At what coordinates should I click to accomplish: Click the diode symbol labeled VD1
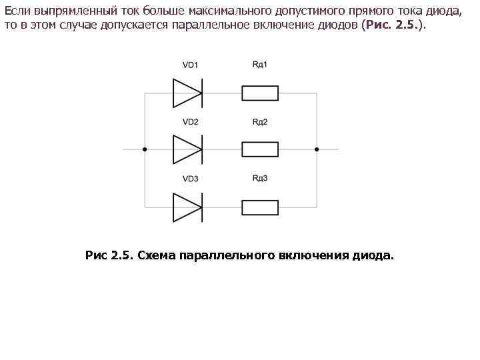(x=187, y=93)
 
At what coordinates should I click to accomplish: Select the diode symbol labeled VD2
(x=187, y=149)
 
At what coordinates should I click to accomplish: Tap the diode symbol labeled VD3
(x=187, y=207)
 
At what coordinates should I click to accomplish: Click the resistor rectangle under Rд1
(x=260, y=93)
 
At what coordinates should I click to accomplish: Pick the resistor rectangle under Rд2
(x=260, y=149)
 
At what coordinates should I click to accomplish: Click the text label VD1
(x=190, y=65)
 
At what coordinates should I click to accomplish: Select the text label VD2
(x=190, y=122)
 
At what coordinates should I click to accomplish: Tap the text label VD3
(x=190, y=179)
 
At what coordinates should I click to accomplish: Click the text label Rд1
(x=260, y=64)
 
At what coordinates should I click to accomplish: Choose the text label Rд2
(x=260, y=121)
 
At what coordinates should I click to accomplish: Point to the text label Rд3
(x=260, y=178)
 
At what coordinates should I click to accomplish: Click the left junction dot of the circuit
(x=145, y=149)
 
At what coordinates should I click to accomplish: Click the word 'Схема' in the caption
(x=157, y=255)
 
